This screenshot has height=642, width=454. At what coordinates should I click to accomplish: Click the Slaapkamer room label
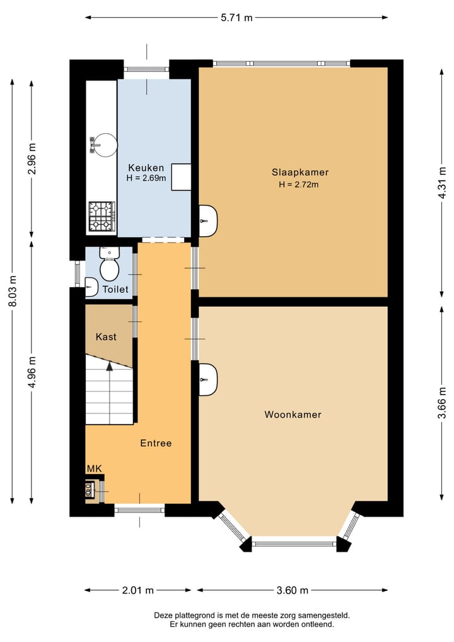click(x=300, y=172)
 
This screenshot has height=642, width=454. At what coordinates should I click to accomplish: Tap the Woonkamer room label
click(x=293, y=414)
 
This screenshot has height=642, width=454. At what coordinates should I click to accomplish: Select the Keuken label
click(x=146, y=167)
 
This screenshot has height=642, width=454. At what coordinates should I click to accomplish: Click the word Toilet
click(x=115, y=289)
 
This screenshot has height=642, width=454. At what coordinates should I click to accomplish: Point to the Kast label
click(x=106, y=336)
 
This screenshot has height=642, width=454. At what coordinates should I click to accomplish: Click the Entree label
click(x=156, y=443)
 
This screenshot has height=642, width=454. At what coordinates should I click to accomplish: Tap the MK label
click(x=94, y=469)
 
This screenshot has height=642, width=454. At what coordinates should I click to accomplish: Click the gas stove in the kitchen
click(x=102, y=217)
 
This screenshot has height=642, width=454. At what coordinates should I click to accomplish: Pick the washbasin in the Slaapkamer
click(x=208, y=221)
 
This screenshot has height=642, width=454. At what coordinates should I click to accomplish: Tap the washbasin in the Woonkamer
click(x=208, y=379)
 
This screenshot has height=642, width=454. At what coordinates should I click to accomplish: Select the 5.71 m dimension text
click(x=236, y=18)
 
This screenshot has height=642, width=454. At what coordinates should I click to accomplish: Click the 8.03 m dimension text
click(x=13, y=291)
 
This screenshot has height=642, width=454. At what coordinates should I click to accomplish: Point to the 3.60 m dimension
click(x=292, y=590)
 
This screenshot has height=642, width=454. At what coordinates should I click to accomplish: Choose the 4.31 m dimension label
click(x=442, y=182)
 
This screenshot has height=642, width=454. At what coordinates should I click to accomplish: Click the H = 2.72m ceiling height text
click(x=299, y=185)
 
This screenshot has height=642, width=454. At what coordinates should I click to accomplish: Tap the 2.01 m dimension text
click(x=138, y=590)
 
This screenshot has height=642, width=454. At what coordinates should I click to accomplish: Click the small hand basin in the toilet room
click(x=91, y=287)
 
